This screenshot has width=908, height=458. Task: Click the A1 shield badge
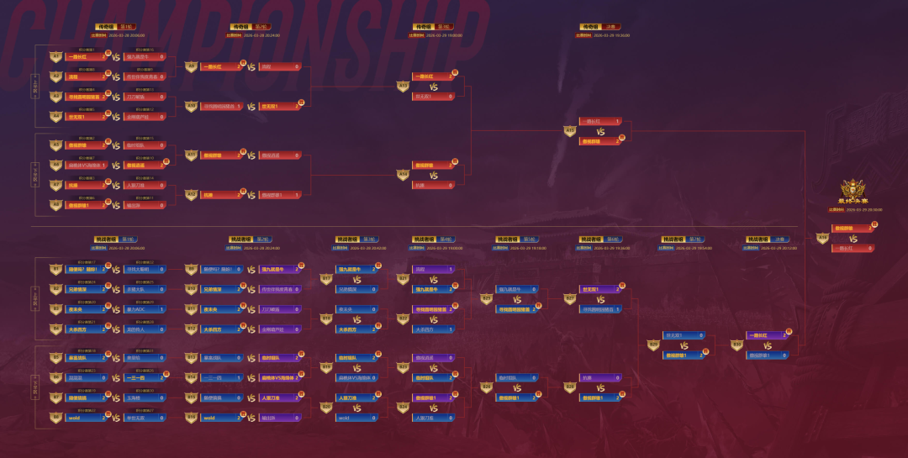coord(56,56)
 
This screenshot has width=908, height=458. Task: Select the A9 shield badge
coord(192,66)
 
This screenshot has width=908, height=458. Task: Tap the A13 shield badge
coord(403,86)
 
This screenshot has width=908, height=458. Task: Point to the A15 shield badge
coord(570,131)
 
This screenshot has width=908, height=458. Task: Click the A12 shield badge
coord(192,195)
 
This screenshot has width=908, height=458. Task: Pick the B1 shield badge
coord(56,270)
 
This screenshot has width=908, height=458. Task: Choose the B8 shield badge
coord(56,417)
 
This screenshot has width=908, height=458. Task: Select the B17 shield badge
coord(327,279)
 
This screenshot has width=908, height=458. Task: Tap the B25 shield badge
coord(486,298)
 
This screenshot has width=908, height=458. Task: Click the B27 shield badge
coord(570,298)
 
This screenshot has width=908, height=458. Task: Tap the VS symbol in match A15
coord(600,131)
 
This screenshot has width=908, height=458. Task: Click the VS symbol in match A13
coord(434,86)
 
